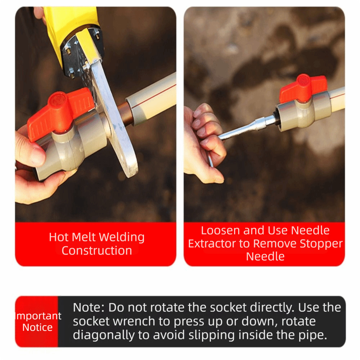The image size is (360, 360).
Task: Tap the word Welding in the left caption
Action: click(122, 237)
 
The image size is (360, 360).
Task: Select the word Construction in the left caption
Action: click(96, 251)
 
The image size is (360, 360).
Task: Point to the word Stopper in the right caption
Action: click(321, 244)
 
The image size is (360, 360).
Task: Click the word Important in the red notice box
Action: click(39, 316)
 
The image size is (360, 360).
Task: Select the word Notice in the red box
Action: click(37, 327)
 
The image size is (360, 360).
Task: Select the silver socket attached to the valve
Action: click(267, 121)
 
